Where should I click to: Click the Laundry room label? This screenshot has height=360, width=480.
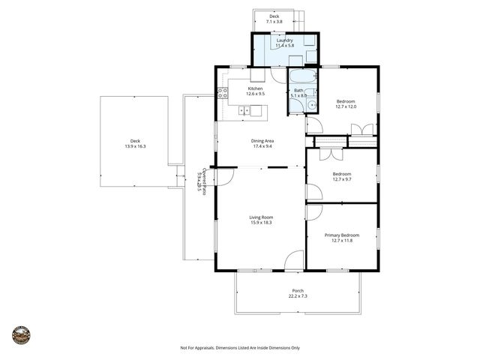(x=285, y=40)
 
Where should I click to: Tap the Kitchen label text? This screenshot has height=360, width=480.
(x=256, y=88)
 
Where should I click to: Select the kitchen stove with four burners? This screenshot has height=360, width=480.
(x=223, y=94)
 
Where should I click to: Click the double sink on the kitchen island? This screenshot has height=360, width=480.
(x=244, y=111)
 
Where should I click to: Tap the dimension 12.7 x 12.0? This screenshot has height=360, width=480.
(x=346, y=106)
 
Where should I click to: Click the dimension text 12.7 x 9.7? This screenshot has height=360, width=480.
(x=341, y=180)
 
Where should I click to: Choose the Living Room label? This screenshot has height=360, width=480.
(x=261, y=217)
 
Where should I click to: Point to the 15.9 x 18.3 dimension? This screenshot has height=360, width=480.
(x=261, y=223)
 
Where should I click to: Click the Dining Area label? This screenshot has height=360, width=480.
(x=261, y=140)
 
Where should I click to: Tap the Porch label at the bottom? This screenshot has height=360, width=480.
(x=298, y=290)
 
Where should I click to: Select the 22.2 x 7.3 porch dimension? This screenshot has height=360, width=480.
(x=298, y=296)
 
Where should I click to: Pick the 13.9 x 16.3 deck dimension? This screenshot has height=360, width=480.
(x=135, y=146)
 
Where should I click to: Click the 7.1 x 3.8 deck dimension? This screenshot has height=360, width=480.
(x=274, y=22)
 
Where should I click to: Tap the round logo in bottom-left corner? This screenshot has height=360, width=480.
(x=22, y=334)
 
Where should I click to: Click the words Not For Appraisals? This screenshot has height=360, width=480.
(x=197, y=348)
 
